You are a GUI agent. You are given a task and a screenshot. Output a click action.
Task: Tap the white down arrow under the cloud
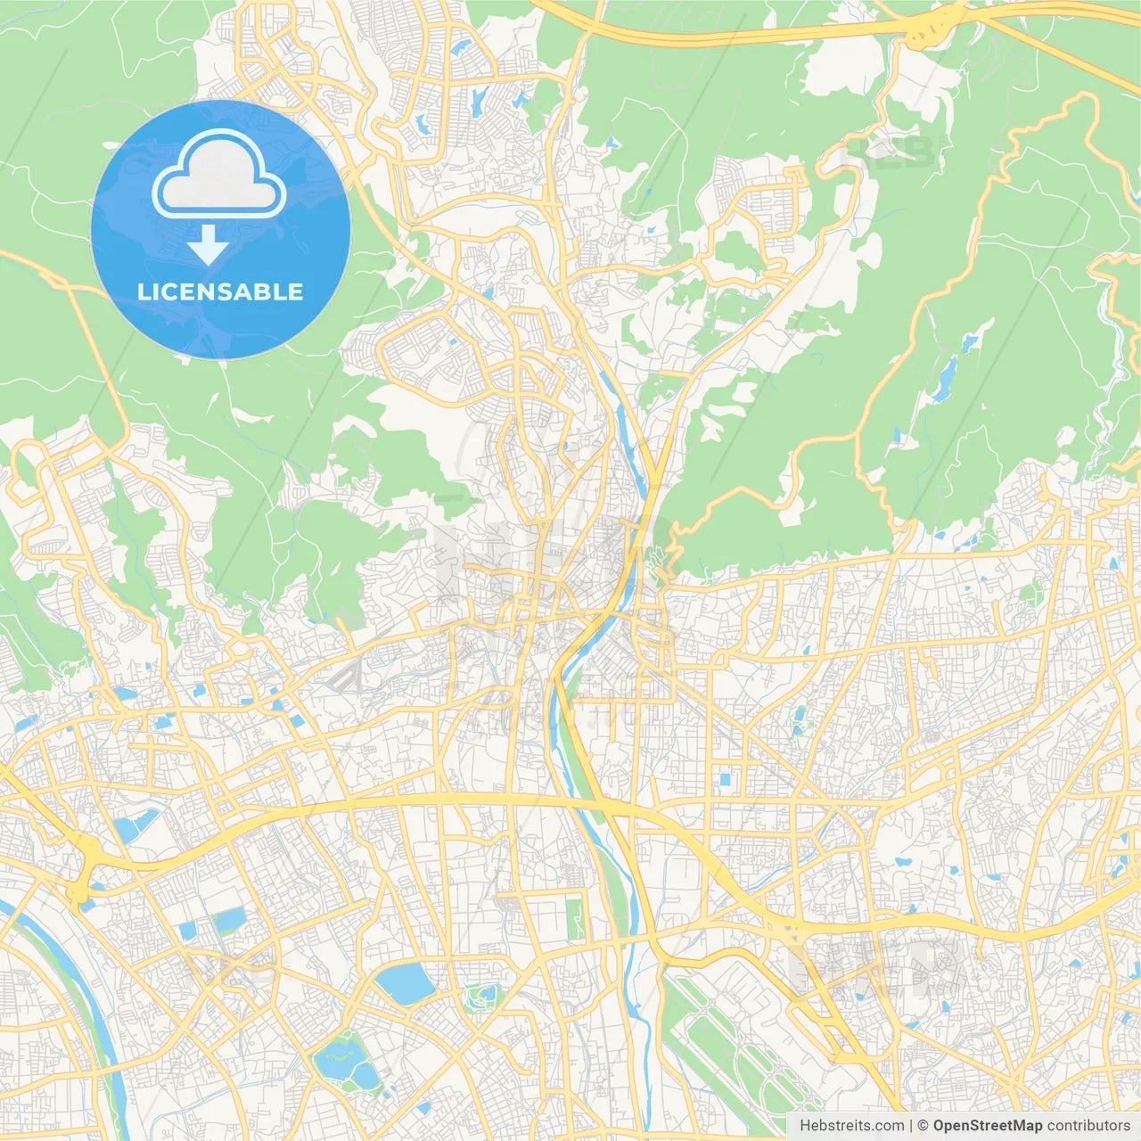[209, 245]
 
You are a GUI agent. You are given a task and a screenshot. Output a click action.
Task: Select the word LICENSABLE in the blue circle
[220, 292]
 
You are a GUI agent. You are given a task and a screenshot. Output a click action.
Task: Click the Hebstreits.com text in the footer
[851, 1126]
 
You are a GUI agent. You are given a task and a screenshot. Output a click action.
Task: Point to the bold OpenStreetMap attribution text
[987, 1126]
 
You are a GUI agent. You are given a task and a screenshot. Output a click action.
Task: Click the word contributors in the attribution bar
[1088, 1126]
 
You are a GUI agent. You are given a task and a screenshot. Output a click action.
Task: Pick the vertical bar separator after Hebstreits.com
[910, 1126]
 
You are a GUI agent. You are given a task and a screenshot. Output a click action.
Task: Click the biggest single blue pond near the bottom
[404, 982]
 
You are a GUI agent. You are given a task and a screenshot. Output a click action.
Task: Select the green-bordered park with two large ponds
[347, 1061]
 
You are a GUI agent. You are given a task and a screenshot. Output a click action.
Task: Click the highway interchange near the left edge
[85, 869]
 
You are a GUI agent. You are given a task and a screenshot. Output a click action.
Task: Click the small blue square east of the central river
[724, 780]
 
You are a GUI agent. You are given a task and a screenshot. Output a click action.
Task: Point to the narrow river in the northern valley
[624, 419]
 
